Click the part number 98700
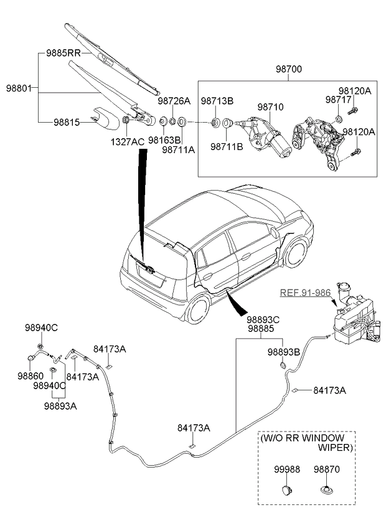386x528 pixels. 286,70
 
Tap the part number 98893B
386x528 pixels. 284,352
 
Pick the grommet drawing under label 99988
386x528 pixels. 287,490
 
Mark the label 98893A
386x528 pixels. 60,405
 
